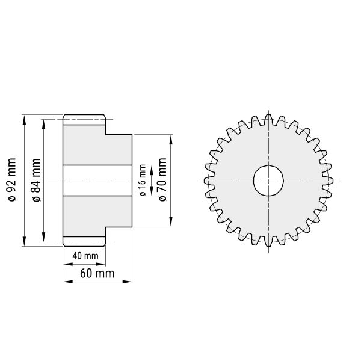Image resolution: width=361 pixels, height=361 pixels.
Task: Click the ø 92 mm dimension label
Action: coord(12,180)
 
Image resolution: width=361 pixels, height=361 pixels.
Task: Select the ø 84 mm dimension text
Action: coord(36,180)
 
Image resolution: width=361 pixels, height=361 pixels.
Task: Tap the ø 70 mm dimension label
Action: coord(162,179)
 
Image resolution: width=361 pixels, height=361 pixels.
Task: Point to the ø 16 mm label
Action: coord(143,180)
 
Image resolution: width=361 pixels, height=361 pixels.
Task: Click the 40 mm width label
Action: coord(85,256)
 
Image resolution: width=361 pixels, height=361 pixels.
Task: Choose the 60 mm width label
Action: coord(97,274)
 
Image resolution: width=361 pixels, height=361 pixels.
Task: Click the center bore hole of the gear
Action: coord(268,180)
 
